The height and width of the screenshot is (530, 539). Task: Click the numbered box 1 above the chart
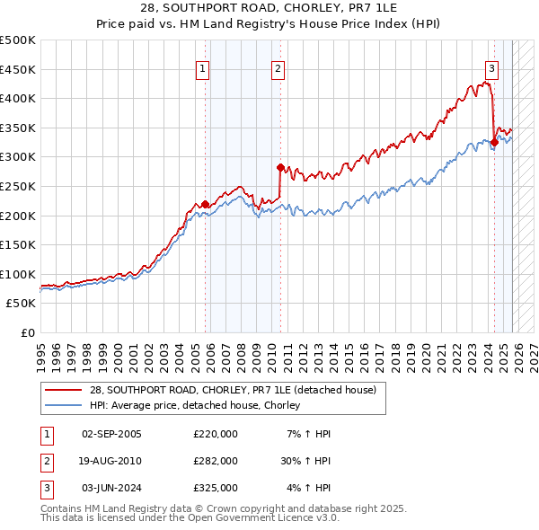tap(203, 68)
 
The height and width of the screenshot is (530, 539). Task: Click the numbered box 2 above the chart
tap(278, 68)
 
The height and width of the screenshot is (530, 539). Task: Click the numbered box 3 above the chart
tap(492, 68)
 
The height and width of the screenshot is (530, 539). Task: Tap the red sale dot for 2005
tap(205, 204)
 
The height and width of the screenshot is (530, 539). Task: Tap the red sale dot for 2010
tap(280, 167)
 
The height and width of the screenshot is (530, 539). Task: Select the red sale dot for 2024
tap(494, 142)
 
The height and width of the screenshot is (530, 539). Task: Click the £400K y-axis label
tap(18, 99)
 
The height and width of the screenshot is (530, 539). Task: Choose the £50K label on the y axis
tap(22, 304)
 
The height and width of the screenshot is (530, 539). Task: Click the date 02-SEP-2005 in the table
tap(111, 434)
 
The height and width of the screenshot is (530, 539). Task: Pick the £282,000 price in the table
tap(216, 461)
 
